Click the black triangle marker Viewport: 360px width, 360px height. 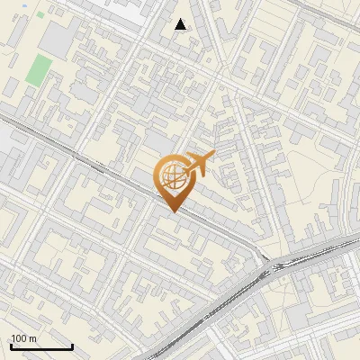tap(181, 24)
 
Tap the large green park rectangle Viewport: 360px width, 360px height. tap(38, 70)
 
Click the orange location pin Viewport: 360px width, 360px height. tap(172, 179)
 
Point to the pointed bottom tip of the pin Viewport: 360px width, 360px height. tap(172, 211)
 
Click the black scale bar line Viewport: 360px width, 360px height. tap(41, 346)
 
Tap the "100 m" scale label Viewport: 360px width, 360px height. tap(24, 338)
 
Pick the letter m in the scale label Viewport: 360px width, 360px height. tap(32, 338)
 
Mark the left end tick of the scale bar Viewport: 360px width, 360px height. tap(11, 345)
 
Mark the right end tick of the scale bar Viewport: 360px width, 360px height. tap(72, 345)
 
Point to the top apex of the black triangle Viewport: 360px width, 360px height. tap(181, 18)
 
